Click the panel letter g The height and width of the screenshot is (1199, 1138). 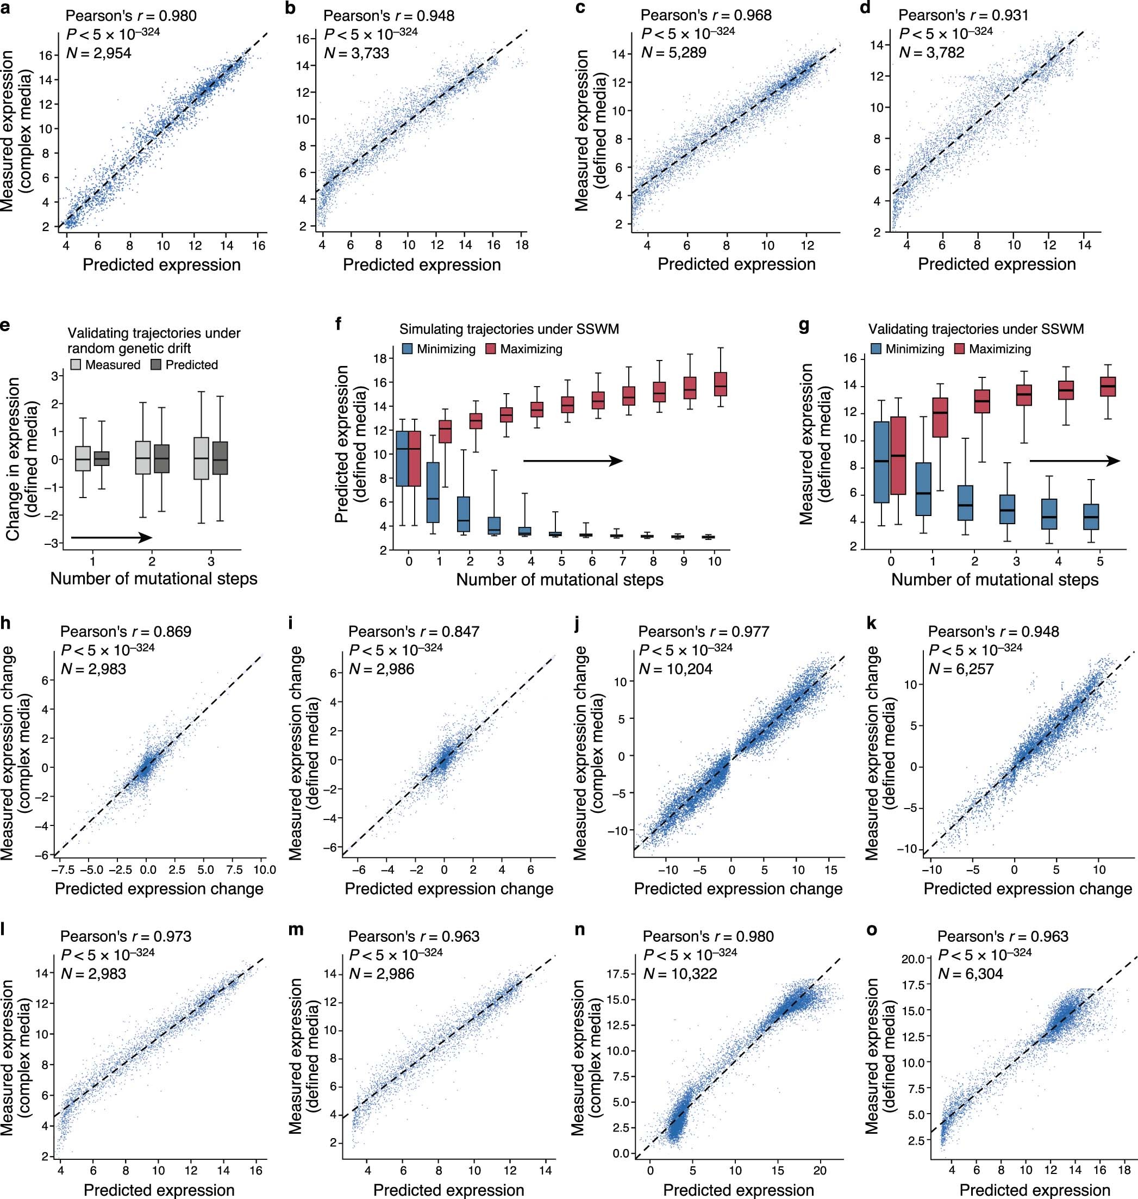804,326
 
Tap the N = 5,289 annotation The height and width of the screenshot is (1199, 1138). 673,53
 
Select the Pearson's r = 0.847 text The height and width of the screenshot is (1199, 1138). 414,632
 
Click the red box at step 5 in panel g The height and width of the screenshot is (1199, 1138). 1108,386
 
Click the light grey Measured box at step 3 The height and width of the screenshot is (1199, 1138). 202,458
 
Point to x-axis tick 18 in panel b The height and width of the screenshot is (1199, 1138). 522,245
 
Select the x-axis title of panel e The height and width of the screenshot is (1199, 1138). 153,579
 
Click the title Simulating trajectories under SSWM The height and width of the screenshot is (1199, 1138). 509,329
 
